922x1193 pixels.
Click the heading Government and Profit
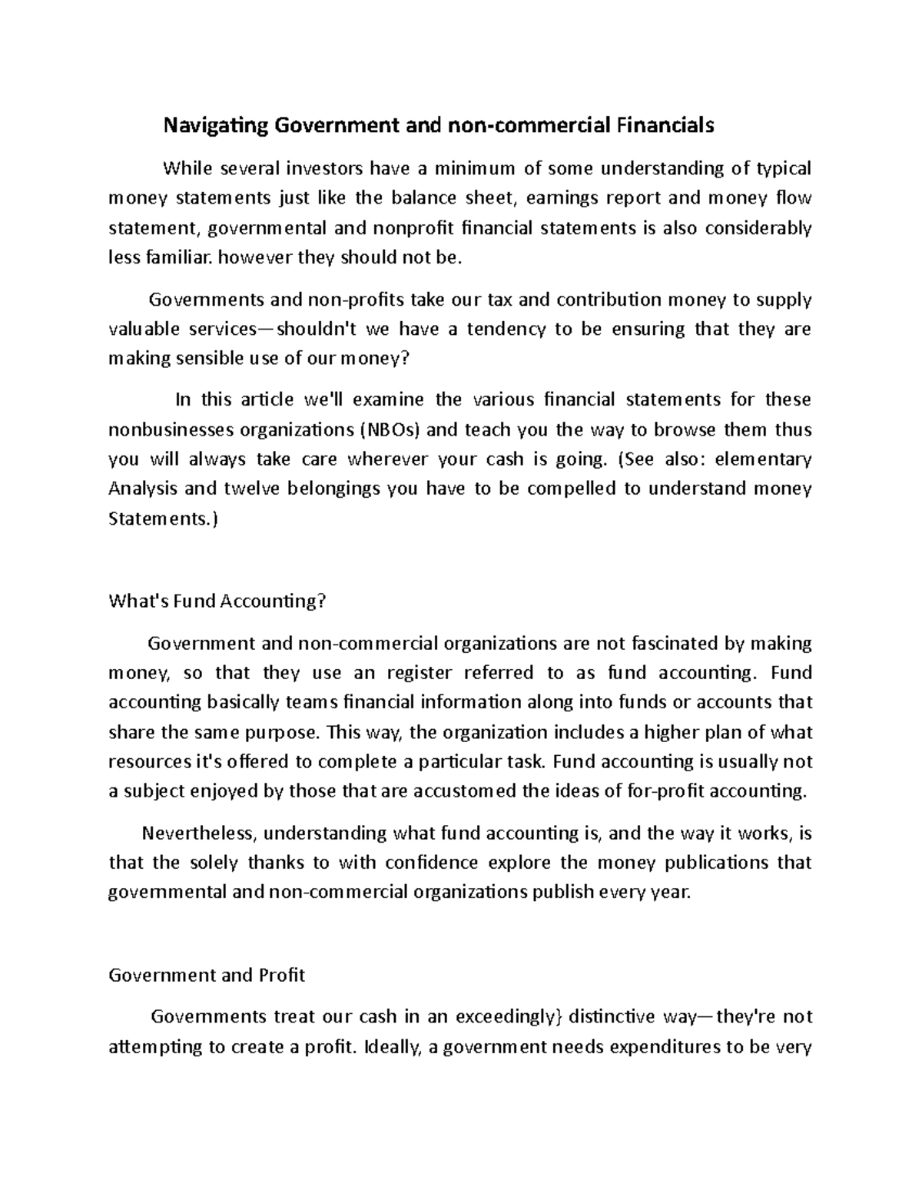click(x=207, y=976)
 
